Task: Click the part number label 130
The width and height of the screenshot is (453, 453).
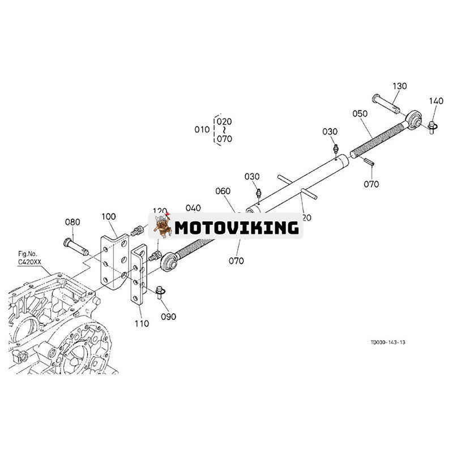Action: pyautogui.click(x=400, y=86)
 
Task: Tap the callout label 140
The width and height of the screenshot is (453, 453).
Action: pyautogui.click(x=436, y=101)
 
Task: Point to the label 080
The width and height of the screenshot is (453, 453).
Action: pyautogui.click(x=72, y=222)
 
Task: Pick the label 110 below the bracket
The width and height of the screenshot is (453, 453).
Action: pyautogui.click(x=142, y=324)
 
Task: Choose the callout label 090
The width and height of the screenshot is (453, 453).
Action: pyautogui.click(x=169, y=317)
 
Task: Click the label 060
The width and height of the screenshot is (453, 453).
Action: pyautogui.click(x=223, y=191)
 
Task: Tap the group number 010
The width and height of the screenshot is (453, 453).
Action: pyautogui.click(x=202, y=130)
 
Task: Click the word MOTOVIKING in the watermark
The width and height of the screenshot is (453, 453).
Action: pyautogui.click(x=237, y=228)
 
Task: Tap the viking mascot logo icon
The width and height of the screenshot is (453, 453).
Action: pyautogui.click(x=163, y=226)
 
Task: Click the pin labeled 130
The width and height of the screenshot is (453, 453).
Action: pyautogui.click(x=386, y=102)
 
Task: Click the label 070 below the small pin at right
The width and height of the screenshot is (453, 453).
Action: pyautogui.click(x=371, y=184)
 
